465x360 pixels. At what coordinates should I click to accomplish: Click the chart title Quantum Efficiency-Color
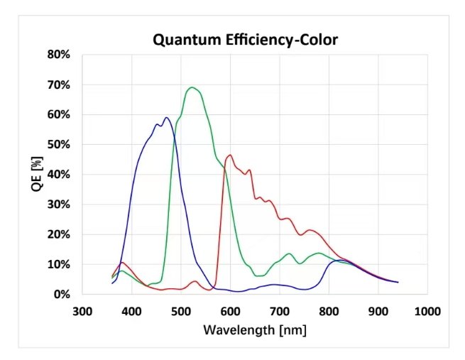(x=245, y=39)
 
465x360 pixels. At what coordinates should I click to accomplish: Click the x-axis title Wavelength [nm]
(x=255, y=329)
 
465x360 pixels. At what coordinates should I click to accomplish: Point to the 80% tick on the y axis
(x=59, y=55)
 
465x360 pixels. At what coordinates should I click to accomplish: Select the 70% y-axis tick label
(x=59, y=85)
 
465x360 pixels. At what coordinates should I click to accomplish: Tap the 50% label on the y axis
(x=59, y=145)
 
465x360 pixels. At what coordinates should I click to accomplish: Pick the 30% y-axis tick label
(x=59, y=204)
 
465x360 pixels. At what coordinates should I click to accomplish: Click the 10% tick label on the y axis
(x=59, y=264)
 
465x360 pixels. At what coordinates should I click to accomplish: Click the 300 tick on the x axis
(x=83, y=311)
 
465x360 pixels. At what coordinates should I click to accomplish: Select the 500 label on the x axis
(x=181, y=311)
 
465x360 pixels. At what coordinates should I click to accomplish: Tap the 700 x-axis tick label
(x=280, y=311)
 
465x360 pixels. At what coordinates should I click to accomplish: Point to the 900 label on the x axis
(x=378, y=311)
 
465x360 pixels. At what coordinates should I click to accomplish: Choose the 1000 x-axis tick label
(x=426, y=311)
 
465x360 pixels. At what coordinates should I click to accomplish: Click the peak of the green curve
(x=192, y=87)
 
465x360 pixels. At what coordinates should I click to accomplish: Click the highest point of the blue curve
(x=166, y=118)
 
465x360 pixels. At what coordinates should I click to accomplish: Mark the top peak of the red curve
(x=229, y=155)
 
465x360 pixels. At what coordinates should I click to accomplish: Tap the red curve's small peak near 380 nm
(x=122, y=263)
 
